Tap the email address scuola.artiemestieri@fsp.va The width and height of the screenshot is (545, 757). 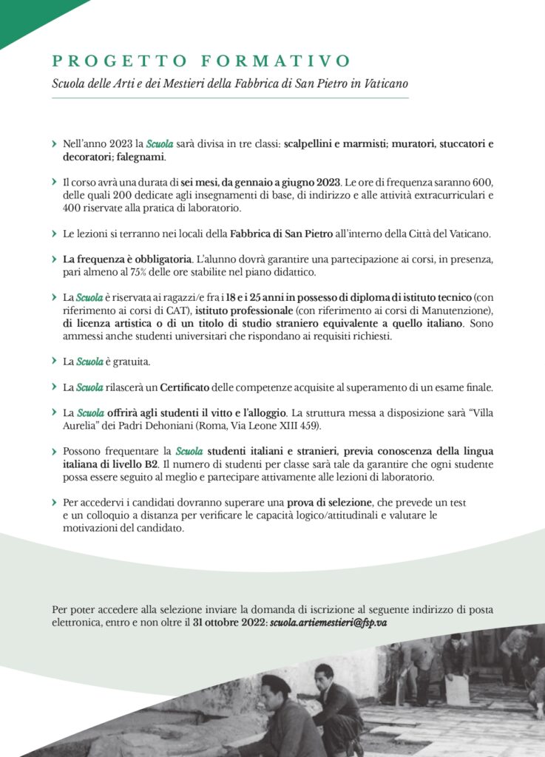coord(328,623)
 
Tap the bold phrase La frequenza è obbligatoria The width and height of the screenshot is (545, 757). coord(126,259)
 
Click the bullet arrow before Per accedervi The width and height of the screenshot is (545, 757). coord(55,503)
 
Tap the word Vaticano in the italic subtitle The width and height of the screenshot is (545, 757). coord(385,84)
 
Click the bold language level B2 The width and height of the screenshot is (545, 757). coord(150,463)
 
